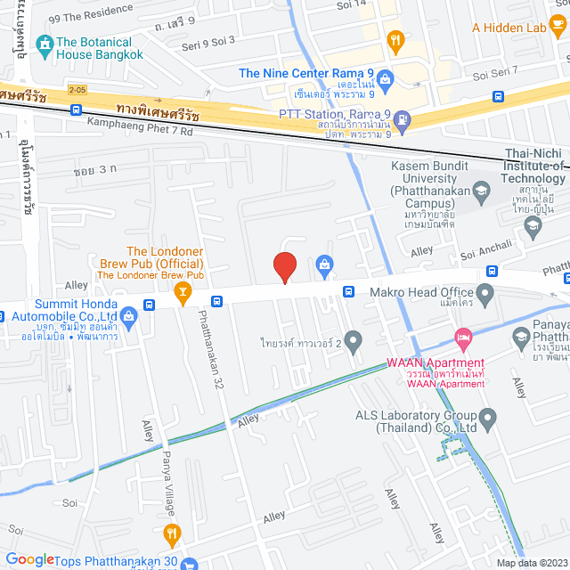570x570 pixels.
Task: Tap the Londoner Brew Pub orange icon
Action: [183, 291]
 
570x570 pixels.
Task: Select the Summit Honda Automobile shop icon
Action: [128, 314]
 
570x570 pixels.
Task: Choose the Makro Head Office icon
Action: [485, 292]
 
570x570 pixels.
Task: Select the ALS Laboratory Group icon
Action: [487, 416]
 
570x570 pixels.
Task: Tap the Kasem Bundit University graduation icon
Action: [481, 190]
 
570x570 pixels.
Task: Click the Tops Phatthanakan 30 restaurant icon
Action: [174, 534]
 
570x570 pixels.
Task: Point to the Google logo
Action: [29, 559]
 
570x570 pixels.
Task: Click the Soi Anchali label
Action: [485, 256]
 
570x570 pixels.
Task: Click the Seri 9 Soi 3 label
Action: [208, 41]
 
